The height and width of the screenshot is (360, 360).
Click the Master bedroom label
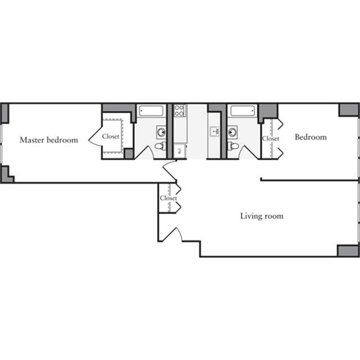(x=48, y=140)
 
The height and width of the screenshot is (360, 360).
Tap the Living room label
(x=261, y=216)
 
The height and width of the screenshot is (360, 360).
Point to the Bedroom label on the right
(x=310, y=137)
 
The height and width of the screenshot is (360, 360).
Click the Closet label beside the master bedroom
(x=110, y=135)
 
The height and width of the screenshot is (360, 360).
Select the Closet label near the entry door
(x=168, y=198)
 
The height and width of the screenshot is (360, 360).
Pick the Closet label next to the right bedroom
(x=271, y=138)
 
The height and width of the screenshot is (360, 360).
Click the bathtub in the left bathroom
(x=152, y=111)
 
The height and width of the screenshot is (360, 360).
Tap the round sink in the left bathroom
(x=161, y=132)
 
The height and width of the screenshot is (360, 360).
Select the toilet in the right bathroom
(x=232, y=147)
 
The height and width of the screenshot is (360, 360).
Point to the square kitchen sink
(x=214, y=132)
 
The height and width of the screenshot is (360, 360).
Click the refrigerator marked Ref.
(x=179, y=150)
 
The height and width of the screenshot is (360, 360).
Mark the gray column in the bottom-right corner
(x=348, y=251)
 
